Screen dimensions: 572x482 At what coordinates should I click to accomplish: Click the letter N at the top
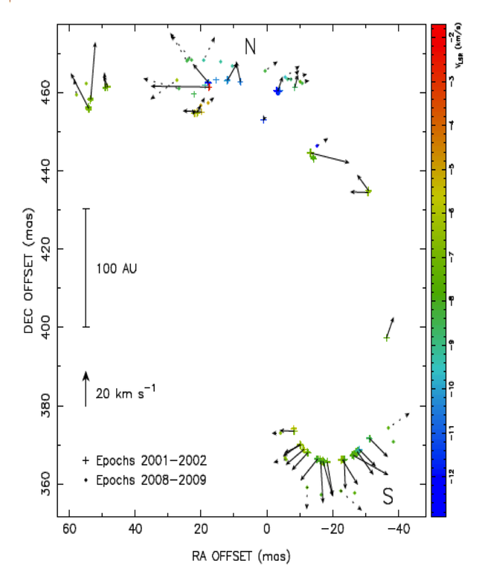coord(251,47)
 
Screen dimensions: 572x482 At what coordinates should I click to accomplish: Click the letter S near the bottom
coord(388,496)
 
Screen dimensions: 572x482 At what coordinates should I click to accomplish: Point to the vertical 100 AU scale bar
coord(86,267)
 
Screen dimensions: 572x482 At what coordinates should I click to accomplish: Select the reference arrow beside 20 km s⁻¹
coord(86,388)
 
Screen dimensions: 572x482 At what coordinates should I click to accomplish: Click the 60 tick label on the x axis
coord(69,530)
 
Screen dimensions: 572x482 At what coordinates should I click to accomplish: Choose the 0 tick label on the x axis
coord(266,530)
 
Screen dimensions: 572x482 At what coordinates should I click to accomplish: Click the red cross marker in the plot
coord(209,87)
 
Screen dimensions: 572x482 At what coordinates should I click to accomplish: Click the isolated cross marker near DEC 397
coord(386,337)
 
